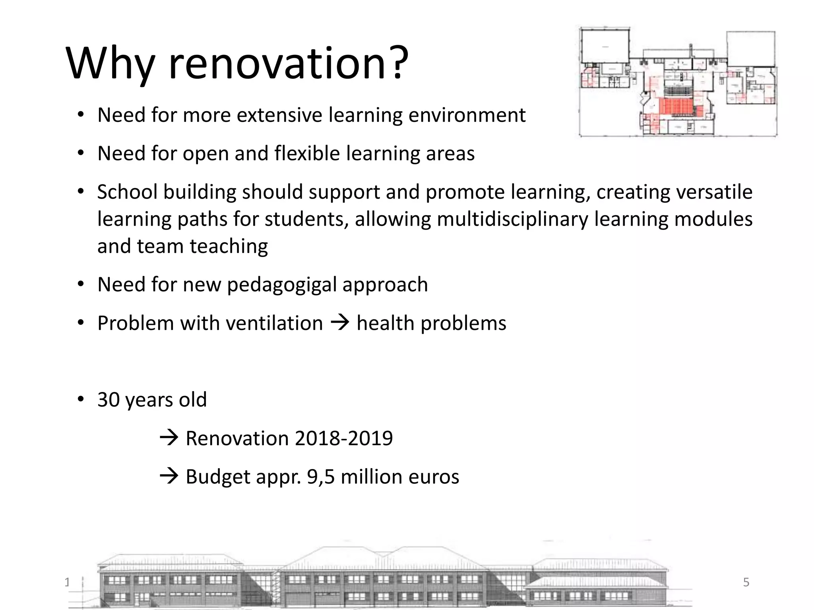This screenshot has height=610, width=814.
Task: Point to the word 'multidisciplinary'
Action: click(x=512, y=219)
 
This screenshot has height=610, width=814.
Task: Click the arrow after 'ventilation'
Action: click(x=340, y=322)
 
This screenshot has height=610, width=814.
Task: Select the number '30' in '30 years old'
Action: click(x=109, y=400)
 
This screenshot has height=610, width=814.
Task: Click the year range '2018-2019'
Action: click(x=344, y=438)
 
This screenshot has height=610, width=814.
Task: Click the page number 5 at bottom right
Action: click(x=746, y=582)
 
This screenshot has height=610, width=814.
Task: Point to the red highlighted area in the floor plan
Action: click(x=676, y=106)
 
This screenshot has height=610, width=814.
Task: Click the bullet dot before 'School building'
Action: click(x=81, y=192)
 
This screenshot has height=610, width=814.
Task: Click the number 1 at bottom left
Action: click(x=67, y=582)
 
